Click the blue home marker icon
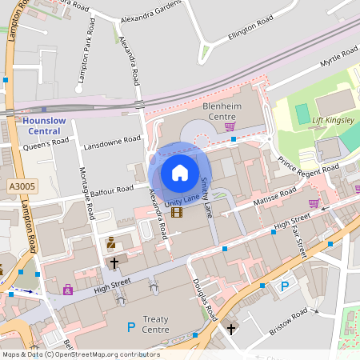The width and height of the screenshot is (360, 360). pyautogui.click(x=179, y=172)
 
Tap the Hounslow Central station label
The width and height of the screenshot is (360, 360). pyautogui.click(x=38, y=126)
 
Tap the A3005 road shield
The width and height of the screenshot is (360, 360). pyautogui.click(x=21, y=186)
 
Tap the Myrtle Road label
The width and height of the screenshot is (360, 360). pyautogui.click(x=338, y=57)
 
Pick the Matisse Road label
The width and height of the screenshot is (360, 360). pyautogui.click(x=275, y=195)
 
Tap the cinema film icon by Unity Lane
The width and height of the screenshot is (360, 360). pyautogui.click(x=176, y=212)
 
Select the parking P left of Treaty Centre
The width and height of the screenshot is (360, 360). pyautogui.click(x=131, y=326)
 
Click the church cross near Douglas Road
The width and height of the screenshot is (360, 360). pyautogui.click(x=231, y=329)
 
